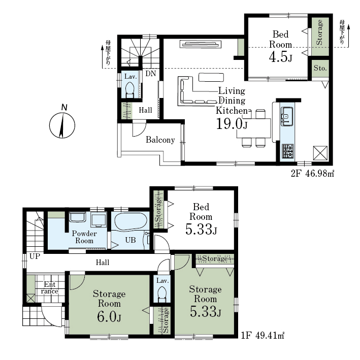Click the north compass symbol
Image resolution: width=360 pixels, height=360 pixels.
[62, 125]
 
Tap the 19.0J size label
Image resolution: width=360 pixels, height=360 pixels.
[232, 124]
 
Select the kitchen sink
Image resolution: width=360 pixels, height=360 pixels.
[287, 116]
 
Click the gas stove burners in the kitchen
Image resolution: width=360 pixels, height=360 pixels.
[287, 151]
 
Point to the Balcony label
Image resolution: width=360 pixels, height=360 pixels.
[160, 140]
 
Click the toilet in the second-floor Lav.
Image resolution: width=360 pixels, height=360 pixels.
[130, 90]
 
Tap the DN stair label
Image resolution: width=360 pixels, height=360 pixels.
[151, 74]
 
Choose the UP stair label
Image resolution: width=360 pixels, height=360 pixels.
[35, 256]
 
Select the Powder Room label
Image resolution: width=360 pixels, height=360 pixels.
[84, 237]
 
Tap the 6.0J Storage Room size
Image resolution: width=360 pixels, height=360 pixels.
[109, 317]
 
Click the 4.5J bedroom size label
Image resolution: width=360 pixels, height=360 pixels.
[281, 57]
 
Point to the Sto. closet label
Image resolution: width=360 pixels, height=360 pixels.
[320, 68]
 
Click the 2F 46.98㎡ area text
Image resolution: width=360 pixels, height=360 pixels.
[312, 174]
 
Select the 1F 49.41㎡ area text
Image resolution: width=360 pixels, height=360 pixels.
[263, 336]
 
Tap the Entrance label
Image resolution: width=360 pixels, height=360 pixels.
[50, 288]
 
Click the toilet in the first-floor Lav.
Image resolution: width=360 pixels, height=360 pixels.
[162, 294]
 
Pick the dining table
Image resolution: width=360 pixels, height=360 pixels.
[254, 128]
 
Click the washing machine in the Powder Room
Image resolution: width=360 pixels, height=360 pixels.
[99, 219]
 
